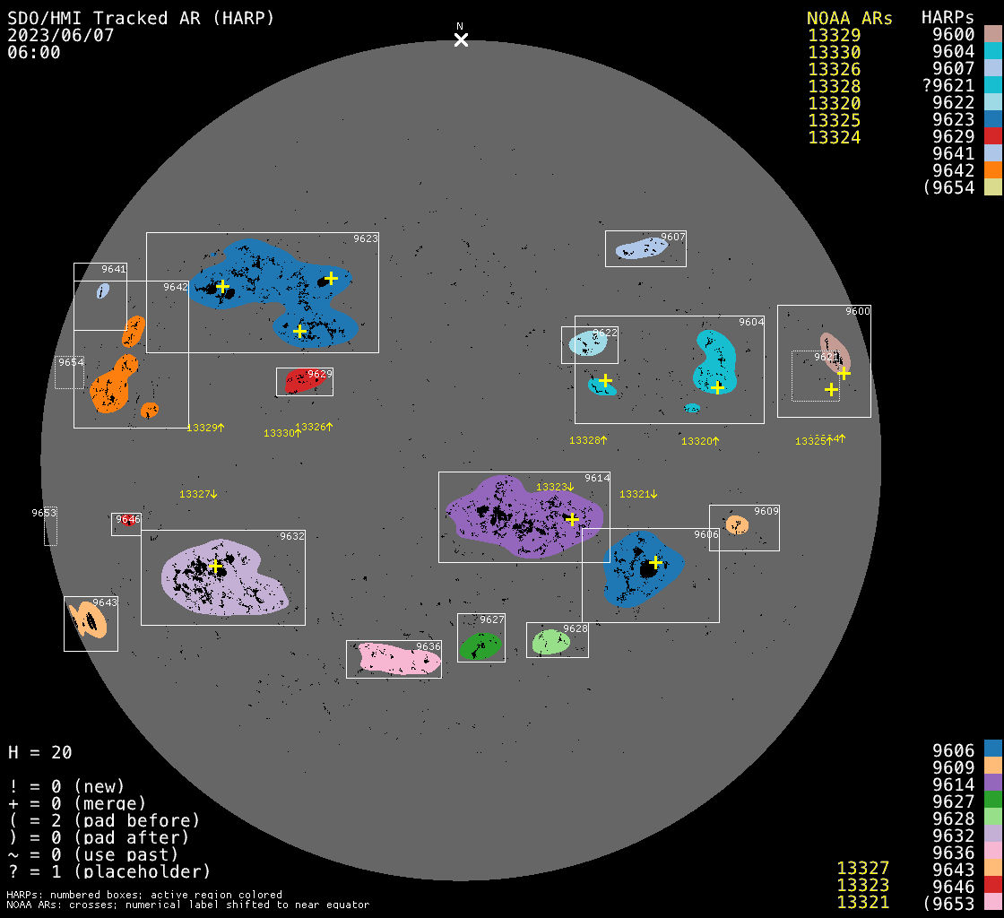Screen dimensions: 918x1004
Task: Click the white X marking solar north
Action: pyautogui.click(x=461, y=39)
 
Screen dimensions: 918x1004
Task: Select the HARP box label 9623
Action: pyautogui.click(x=366, y=239)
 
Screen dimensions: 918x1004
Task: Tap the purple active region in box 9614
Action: pyautogui.click(x=520, y=515)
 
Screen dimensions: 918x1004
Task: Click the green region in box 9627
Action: pyautogui.click(x=480, y=645)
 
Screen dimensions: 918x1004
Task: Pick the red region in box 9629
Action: pyautogui.click(x=302, y=383)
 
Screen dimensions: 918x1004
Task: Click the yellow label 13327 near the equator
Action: pyautogui.click(x=195, y=494)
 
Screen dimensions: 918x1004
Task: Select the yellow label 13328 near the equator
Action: pyautogui.click(x=584, y=440)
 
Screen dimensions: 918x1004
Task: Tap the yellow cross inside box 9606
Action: pyautogui.click(x=655, y=562)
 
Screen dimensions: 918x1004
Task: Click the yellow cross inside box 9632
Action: pyautogui.click(x=215, y=566)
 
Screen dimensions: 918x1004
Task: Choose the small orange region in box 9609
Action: pyautogui.click(x=737, y=525)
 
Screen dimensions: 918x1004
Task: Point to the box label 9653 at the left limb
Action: pyautogui.click(x=44, y=513)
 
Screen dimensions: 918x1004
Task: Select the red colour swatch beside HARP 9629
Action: pyautogui.click(x=992, y=136)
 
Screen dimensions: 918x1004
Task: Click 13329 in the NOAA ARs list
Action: pyautogui.click(x=834, y=36)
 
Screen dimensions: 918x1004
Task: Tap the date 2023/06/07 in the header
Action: pyautogui.click(x=61, y=35)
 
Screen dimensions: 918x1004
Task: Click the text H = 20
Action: pyautogui.click(x=39, y=752)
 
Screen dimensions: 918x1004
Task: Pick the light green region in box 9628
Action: pyautogui.click(x=550, y=642)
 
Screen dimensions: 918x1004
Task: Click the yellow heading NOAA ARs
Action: pyautogui.click(x=849, y=18)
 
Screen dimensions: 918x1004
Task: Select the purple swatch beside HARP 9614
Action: pyautogui.click(x=992, y=784)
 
